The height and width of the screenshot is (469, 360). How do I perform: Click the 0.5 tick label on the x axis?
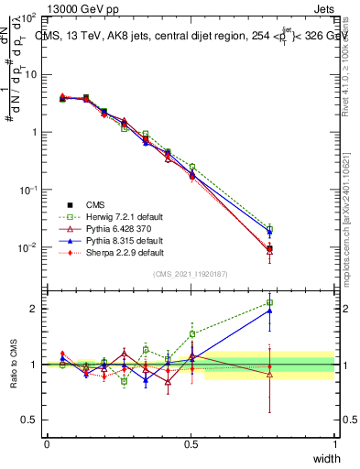pos(191,444)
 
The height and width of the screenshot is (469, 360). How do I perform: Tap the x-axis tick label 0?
pos(48,444)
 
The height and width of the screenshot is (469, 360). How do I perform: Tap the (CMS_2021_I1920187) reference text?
pos(191,273)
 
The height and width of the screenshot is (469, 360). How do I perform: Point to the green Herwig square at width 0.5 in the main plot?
pos(191,167)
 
